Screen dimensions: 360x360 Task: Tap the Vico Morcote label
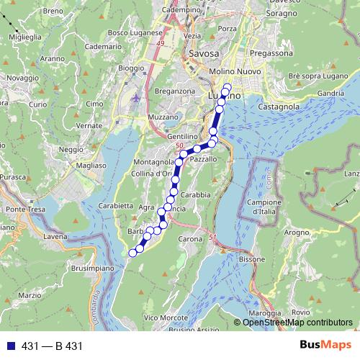point(160,318)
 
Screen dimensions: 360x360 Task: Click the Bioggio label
point(130,68)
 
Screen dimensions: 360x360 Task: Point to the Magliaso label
point(94,165)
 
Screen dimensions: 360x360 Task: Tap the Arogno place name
point(296,233)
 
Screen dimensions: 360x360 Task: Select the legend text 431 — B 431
point(53,346)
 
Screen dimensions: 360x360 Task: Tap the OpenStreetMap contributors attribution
point(297,323)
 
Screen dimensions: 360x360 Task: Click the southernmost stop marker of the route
point(132,253)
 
